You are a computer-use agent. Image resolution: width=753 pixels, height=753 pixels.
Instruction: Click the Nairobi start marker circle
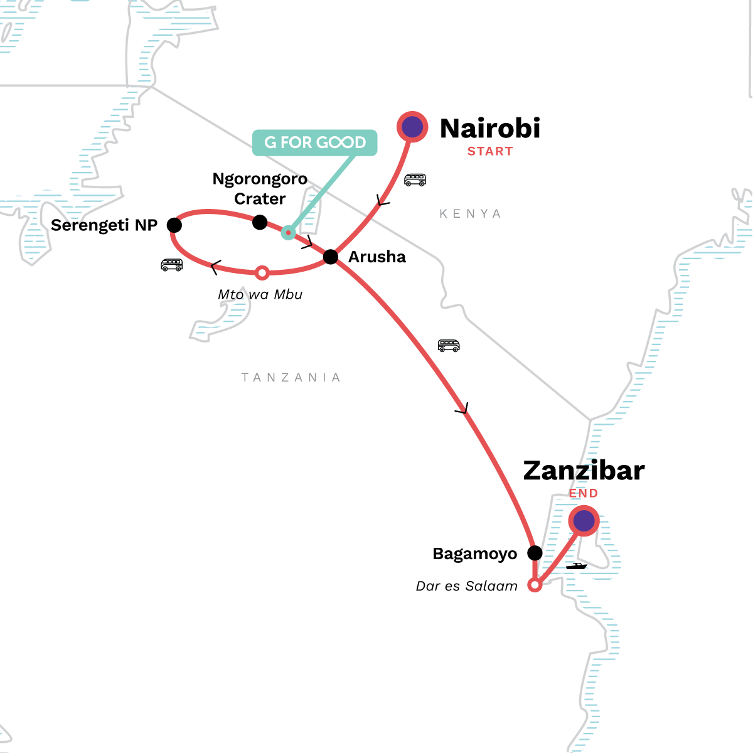(x=412, y=127)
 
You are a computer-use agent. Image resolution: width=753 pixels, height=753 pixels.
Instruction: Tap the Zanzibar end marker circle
(x=584, y=521)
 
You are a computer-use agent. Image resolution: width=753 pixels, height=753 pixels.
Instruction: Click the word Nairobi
(x=490, y=129)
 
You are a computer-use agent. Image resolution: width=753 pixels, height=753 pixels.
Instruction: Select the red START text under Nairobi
(x=490, y=151)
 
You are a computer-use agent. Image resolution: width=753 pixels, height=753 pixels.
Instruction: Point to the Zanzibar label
(x=584, y=471)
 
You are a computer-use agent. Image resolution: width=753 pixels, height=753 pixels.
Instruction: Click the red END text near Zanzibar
(x=584, y=493)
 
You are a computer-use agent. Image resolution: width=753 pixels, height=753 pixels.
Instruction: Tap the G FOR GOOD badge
(x=314, y=142)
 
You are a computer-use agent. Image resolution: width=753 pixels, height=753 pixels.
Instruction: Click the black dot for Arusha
(x=331, y=257)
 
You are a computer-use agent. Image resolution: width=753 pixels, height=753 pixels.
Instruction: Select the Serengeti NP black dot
(x=174, y=225)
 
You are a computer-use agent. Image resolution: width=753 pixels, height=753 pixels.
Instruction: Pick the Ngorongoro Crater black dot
(x=260, y=222)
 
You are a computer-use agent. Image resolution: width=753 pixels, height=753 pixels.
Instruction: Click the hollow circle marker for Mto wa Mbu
(x=263, y=273)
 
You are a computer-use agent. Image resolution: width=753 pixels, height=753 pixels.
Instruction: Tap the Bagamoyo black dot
(x=535, y=553)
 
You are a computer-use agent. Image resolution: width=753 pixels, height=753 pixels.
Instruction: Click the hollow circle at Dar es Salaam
(x=535, y=585)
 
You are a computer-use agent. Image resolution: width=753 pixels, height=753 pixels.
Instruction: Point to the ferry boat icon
(x=576, y=566)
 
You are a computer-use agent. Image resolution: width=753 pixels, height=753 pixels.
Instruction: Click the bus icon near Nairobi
(x=415, y=180)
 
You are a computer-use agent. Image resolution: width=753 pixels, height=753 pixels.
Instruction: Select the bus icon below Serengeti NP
(x=172, y=265)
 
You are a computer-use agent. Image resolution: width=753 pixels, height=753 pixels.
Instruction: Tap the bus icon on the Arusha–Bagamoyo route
(x=449, y=345)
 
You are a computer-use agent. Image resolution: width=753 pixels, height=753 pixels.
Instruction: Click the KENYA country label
(x=470, y=214)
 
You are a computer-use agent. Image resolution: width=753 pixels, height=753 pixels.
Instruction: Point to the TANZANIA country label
(x=291, y=377)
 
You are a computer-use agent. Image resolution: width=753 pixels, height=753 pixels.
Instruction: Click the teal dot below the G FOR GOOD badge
(x=288, y=233)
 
